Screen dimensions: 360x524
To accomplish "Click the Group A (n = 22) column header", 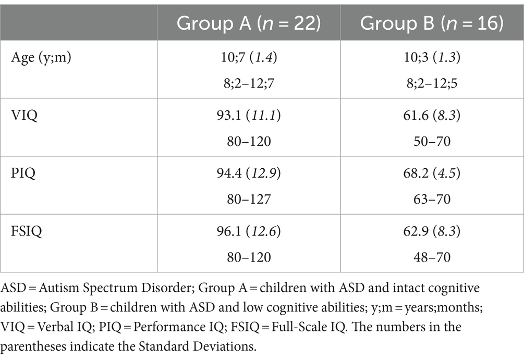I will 248,23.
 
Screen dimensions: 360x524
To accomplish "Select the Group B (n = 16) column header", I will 432,23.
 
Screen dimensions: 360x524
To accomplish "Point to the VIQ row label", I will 24,115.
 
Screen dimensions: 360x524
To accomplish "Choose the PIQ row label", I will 23,173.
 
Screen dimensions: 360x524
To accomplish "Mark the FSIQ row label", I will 27,231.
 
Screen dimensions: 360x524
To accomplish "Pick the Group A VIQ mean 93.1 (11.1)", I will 248,115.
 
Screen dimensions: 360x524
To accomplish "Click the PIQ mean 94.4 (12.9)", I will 248,173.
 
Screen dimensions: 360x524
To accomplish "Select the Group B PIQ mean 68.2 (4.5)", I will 432,173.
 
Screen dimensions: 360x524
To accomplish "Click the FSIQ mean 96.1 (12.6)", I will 248,231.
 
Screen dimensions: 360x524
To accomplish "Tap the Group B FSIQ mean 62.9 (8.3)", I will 432,231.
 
